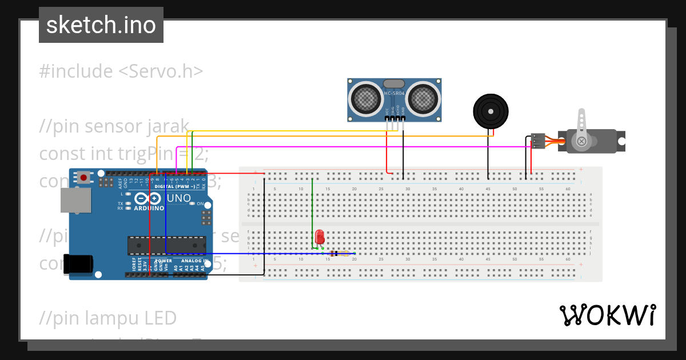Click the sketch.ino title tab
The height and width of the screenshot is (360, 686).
tap(101, 25)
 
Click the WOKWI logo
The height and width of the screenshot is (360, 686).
tap(608, 315)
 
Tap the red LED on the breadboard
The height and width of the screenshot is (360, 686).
tap(320, 236)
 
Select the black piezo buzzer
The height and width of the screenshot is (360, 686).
tap(490, 111)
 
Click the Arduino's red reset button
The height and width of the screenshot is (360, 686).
tap(84, 177)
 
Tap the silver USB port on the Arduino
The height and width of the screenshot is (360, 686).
tap(76, 200)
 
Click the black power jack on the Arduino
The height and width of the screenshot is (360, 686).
tap(78, 263)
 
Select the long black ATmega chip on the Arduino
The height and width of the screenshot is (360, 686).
tap(166, 246)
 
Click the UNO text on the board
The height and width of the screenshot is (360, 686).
tap(179, 198)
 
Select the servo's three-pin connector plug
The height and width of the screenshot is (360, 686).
tap(537, 141)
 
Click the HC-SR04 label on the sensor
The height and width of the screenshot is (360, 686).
tap(394, 93)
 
